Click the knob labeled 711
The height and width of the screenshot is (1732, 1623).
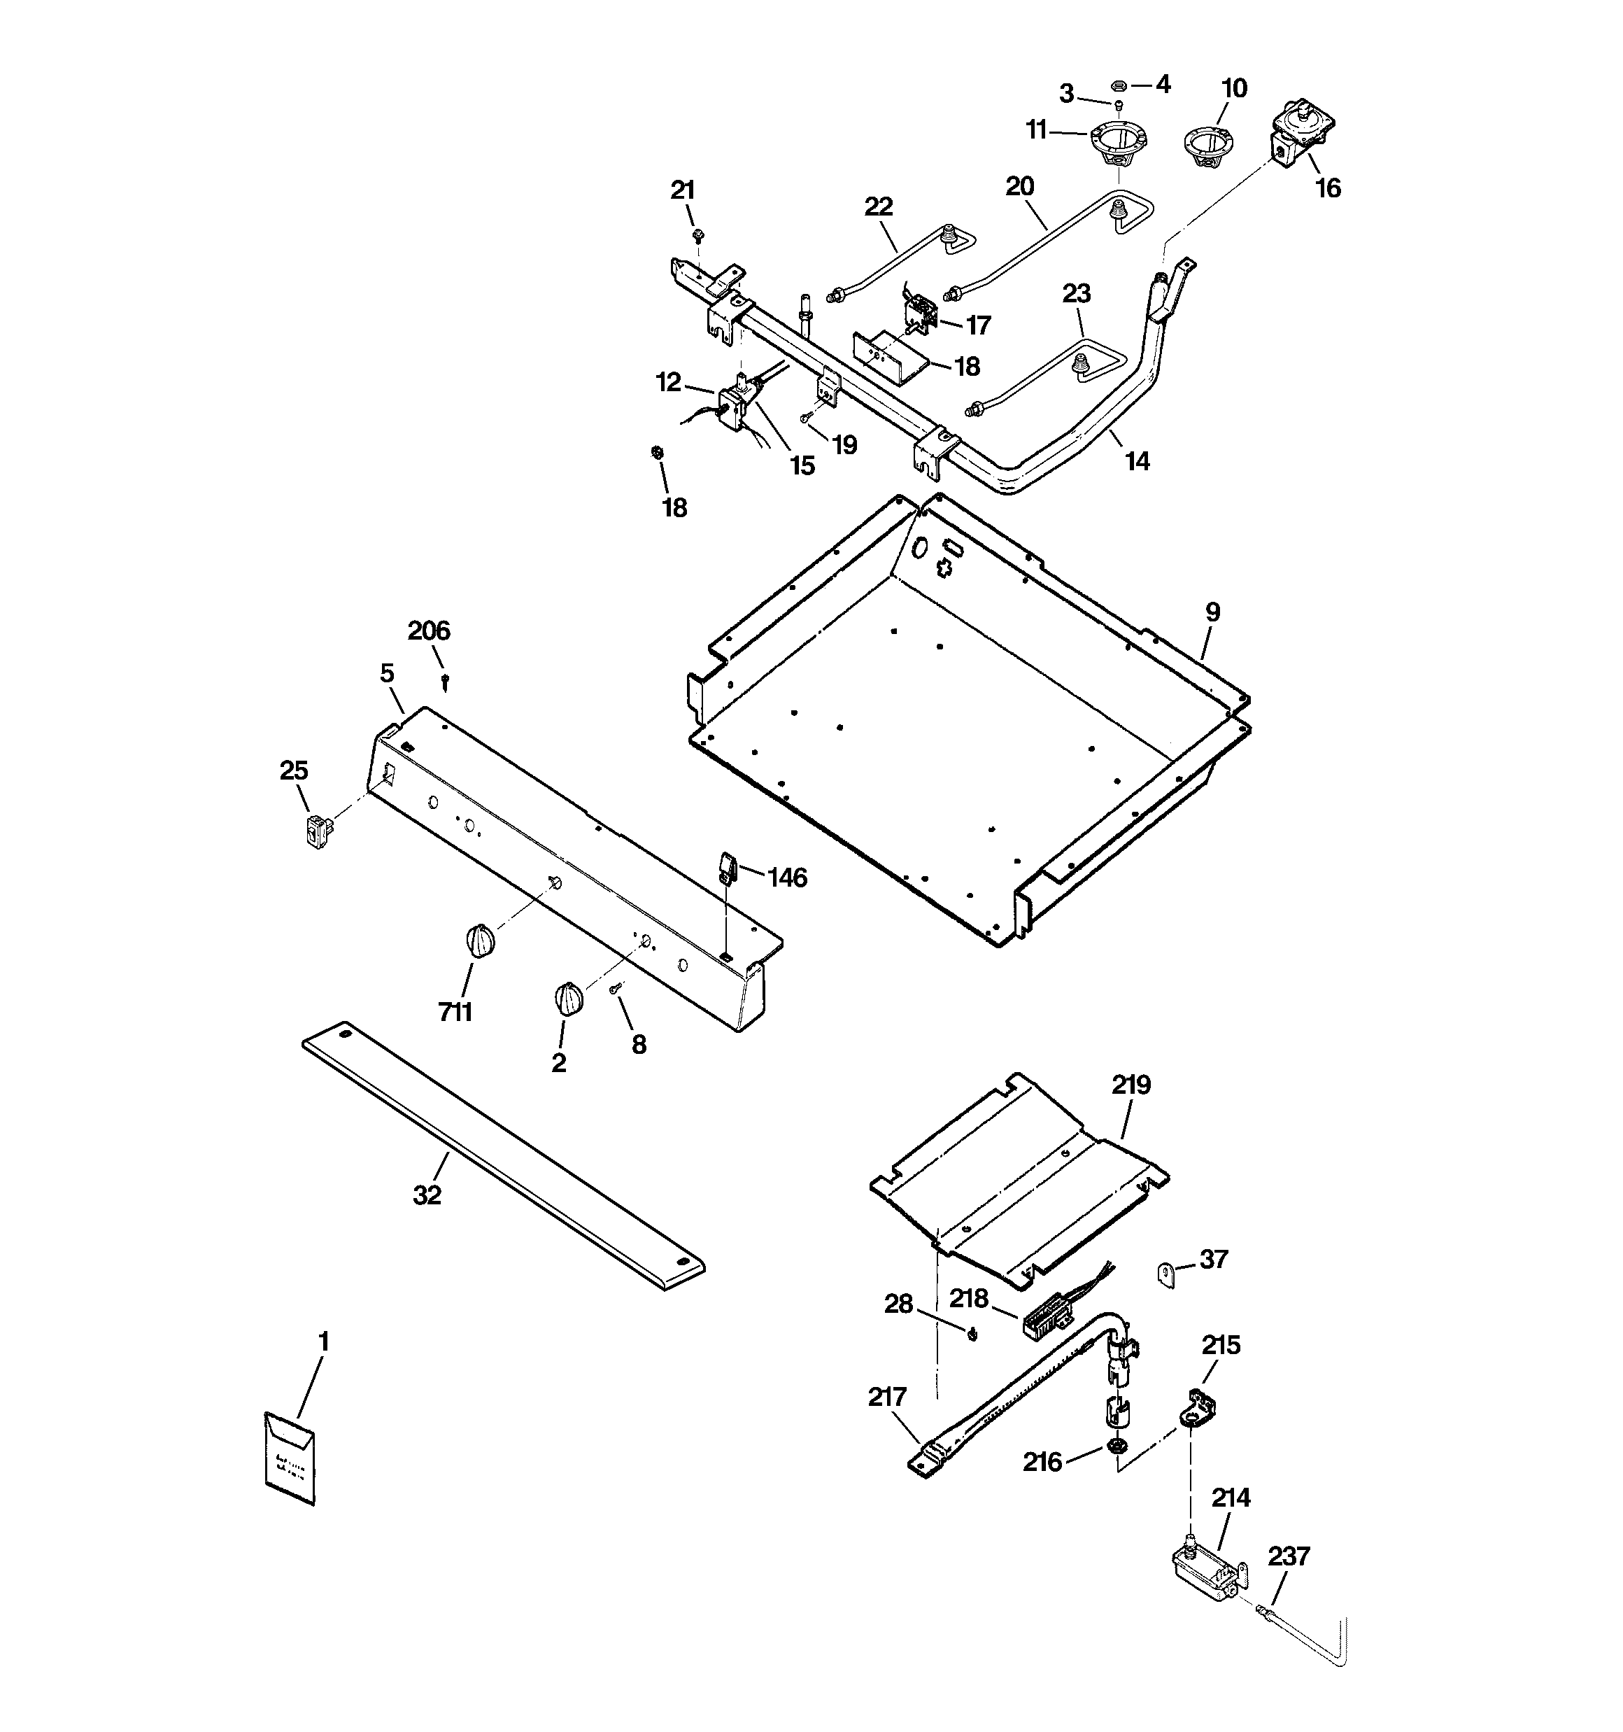480,942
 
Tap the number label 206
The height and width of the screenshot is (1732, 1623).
429,631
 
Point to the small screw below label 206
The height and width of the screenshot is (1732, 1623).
446,679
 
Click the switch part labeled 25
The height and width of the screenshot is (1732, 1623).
319,829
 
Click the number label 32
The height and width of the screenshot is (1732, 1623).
427,1195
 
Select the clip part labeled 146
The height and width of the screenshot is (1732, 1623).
728,868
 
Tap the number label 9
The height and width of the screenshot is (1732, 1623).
1212,612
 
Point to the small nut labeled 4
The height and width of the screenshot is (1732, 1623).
1119,85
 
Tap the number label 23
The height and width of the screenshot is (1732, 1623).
1077,294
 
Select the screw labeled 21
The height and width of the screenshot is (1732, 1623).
697,235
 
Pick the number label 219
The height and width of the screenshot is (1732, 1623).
1131,1085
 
